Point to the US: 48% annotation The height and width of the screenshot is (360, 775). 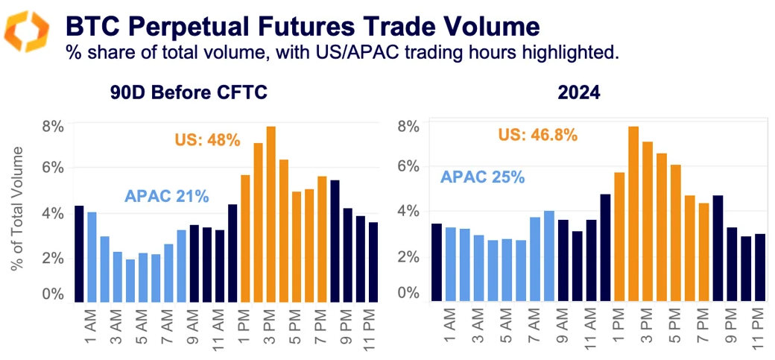point(208,140)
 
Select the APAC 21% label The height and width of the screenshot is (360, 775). point(167,197)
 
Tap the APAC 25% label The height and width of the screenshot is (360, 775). point(483,177)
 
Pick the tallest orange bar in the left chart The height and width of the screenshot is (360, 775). point(271,214)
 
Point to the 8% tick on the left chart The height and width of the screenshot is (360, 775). point(53,125)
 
